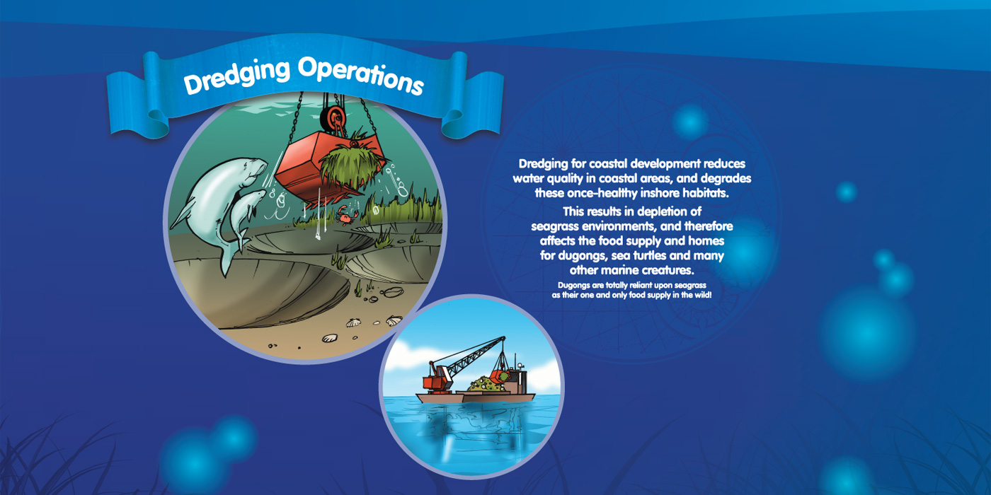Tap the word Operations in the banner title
pos(361,76)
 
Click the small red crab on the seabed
pos(347,216)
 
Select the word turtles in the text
pos(650,255)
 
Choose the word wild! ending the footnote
pos(701,295)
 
